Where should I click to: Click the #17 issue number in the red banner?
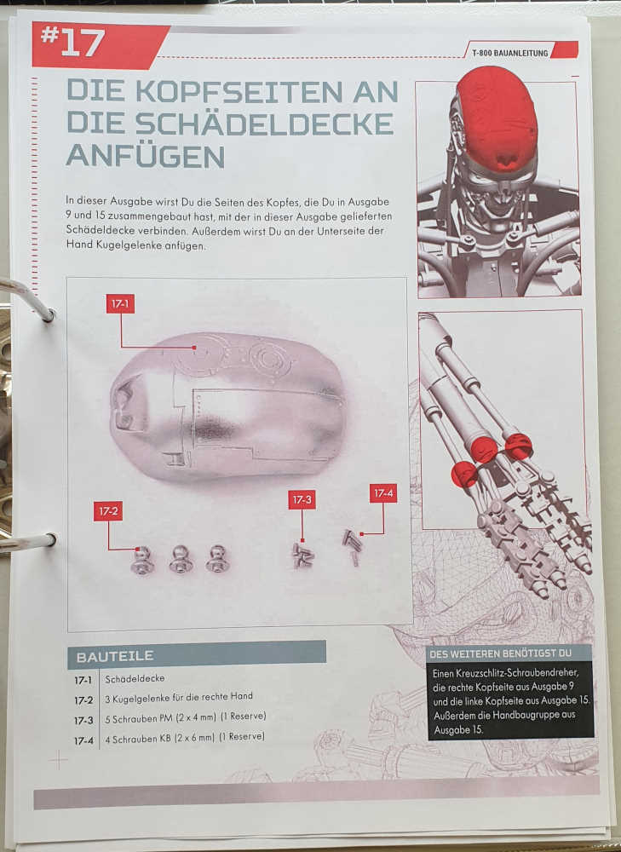pyautogui.click(x=72, y=43)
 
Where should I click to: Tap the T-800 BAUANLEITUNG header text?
pyautogui.click(x=509, y=53)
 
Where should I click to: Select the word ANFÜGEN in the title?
pyautogui.click(x=145, y=156)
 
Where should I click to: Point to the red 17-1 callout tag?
pyautogui.click(x=120, y=304)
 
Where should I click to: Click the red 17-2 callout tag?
pyautogui.click(x=107, y=511)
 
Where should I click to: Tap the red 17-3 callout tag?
pyautogui.click(x=302, y=499)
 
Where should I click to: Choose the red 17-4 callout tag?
pyautogui.click(x=383, y=493)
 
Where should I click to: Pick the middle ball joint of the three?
pyautogui.click(x=179, y=559)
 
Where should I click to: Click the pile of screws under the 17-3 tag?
pyautogui.click(x=303, y=556)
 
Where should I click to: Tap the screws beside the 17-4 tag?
pyautogui.click(x=352, y=546)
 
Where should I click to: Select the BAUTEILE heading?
pyautogui.click(x=115, y=656)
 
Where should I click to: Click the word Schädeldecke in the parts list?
pyautogui.click(x=135, y=679)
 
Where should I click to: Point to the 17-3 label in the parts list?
pyautogui.click(x=83, y=721)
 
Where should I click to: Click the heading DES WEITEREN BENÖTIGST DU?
pyautogui.click(x=500, y=653)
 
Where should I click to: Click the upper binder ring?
pyautogui.click(x=27, y=299)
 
